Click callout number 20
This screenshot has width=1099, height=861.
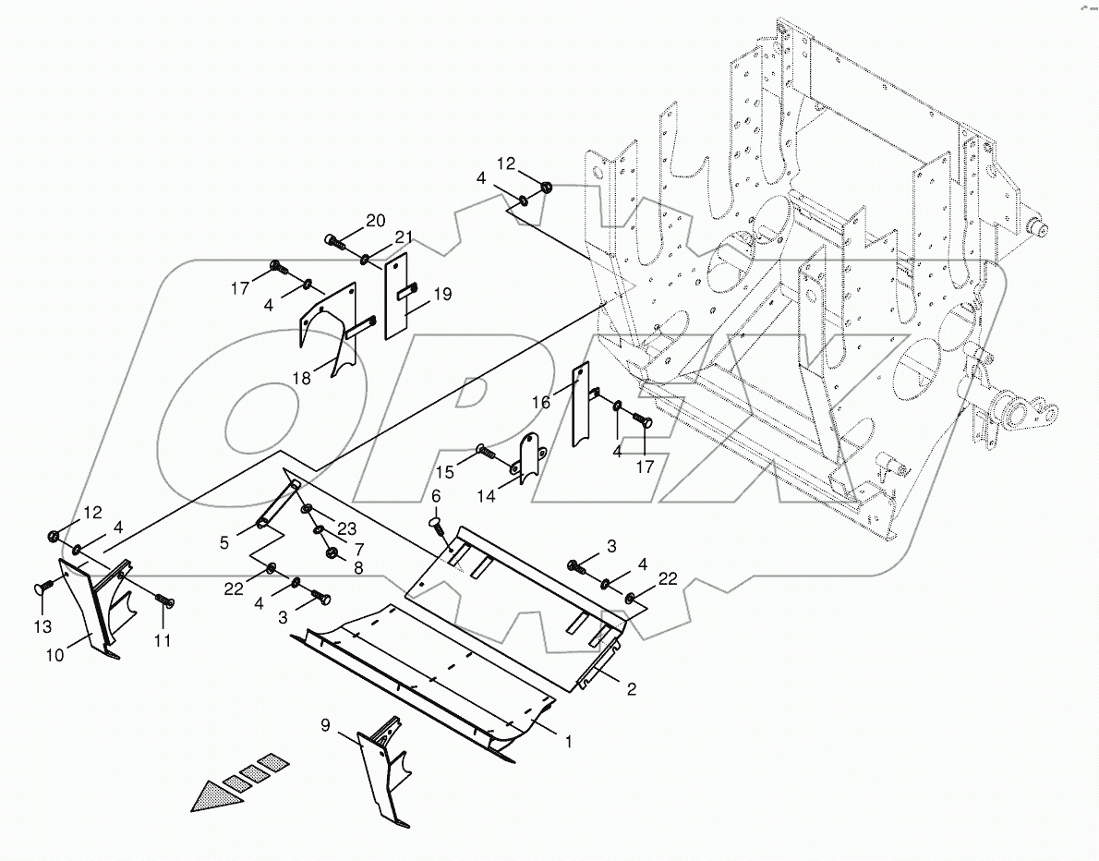[x=375, y=220]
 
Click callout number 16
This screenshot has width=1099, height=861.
[x=540, y=403]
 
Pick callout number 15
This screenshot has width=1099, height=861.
[x=445, y=472]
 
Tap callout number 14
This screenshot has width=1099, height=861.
[x=511, y=495]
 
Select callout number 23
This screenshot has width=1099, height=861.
[x=346, y=529]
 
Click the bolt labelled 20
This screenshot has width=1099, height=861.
[x=334, y=243]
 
